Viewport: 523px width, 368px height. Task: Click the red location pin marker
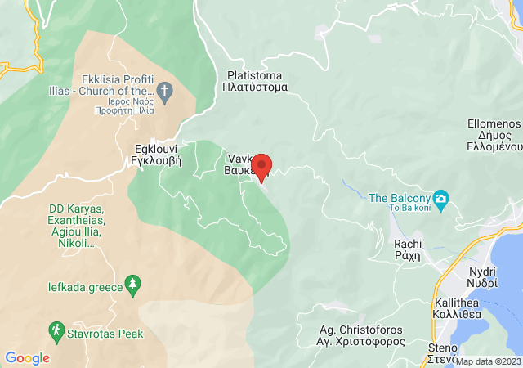coord(261,168)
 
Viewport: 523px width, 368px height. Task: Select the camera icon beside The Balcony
coord(441,199)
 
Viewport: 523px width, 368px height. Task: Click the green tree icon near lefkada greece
coord(132,285)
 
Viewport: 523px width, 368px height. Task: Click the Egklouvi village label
coord(157,155)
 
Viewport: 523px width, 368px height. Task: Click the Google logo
coord(27,358)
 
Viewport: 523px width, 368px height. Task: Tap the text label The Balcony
coord(399,198)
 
